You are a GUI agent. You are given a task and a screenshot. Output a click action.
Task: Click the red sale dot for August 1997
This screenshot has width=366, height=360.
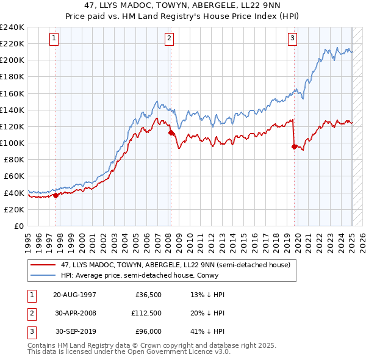tap(56, 195)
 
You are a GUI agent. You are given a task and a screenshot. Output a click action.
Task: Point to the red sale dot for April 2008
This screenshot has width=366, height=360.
tap(171, 132)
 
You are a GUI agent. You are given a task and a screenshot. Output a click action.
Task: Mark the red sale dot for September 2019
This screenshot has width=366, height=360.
tap(294, 146)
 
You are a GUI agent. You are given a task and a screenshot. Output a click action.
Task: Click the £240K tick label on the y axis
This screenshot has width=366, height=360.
tap(12, 27)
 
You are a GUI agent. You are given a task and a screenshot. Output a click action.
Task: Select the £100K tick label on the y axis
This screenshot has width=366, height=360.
tap(12, 143)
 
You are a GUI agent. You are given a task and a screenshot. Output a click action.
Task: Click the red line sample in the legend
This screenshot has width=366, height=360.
tap(43, 265)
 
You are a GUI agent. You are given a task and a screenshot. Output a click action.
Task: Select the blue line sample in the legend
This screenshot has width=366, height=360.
tap(43, 275)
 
